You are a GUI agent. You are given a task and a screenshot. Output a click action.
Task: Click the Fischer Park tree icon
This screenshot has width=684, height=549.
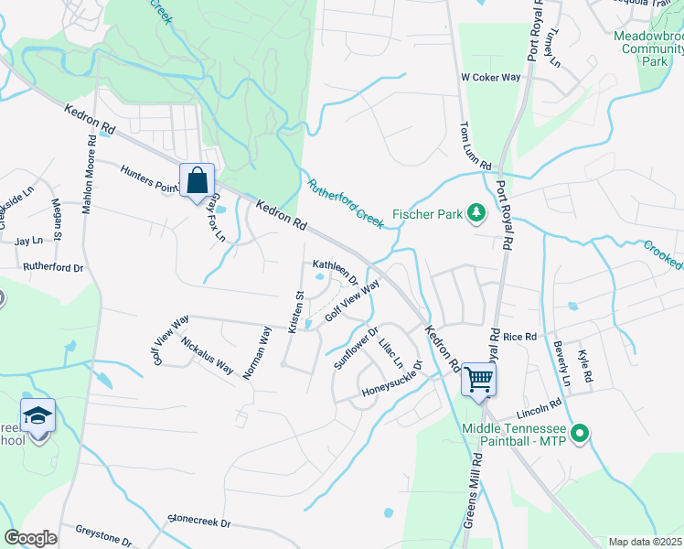[476, 214]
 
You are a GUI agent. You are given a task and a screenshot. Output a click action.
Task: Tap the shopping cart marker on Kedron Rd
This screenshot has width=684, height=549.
[479, 378]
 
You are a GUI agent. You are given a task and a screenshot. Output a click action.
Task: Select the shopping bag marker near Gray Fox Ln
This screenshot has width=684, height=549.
[198, 180]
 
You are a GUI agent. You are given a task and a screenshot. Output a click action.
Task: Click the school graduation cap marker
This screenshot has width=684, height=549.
[37, 417]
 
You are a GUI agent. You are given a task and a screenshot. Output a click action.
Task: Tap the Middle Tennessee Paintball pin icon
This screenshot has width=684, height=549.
[578, 433]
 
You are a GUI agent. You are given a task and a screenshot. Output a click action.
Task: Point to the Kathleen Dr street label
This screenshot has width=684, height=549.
[335, 270]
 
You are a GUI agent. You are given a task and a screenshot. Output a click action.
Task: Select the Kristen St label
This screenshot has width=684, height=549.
[296, 312]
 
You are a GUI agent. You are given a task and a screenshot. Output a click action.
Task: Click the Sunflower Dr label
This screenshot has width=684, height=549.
[356, 348]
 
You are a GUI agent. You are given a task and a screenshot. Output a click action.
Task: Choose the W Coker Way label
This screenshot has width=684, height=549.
[491, 78]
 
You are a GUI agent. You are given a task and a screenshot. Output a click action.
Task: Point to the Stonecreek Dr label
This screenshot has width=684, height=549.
[199, 522]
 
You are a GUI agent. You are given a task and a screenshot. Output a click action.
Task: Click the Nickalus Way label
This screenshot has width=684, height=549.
[207, 356]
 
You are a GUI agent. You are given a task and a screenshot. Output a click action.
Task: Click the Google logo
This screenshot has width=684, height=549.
[30, 537]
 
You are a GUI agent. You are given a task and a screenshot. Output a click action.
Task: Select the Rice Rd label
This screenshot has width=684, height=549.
[518, 337]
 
